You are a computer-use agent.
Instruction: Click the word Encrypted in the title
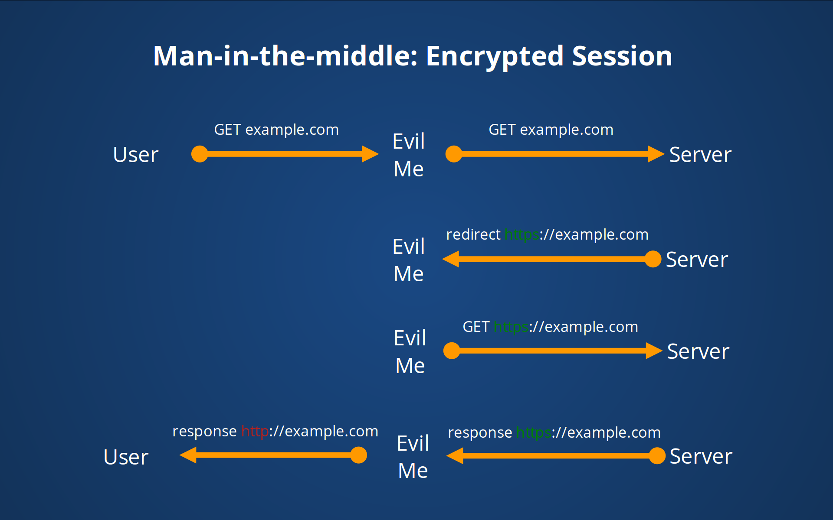pos(495,56)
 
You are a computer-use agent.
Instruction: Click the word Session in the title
pos(622,56)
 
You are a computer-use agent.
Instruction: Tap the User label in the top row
pos(135,155)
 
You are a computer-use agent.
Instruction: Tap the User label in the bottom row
pos(126,457)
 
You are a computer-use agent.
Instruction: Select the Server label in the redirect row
pos(696,260)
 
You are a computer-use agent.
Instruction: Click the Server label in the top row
pos(700,155)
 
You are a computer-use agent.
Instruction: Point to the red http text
pos(255,432)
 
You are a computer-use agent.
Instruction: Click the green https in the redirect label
pos(521,235)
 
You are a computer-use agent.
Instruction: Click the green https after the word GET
pos(511,327)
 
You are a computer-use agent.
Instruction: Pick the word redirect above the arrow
pos(473,235)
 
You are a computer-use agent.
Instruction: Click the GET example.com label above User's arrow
pos(276,130)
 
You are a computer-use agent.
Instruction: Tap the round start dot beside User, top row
pos(200,154)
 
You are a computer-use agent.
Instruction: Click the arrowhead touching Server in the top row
pos(656,154)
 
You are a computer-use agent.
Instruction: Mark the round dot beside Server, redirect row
pos(653,259)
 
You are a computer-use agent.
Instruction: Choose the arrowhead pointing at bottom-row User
pos(188,455)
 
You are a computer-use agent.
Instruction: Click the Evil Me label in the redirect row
pos(408,260)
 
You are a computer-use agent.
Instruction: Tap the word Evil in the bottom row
pos(413,443)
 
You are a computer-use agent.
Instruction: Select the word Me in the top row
pos(408,169)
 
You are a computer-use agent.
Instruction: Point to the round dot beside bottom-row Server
pos(657,456)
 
